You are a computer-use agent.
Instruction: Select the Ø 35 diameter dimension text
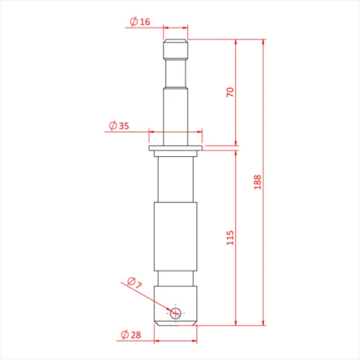pos(119,126)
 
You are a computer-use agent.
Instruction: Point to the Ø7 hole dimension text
pos(134,283)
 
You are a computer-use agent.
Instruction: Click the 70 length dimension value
pos(229,92)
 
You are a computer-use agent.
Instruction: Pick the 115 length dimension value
pos(229,237)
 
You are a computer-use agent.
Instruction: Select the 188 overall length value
pos(257,182)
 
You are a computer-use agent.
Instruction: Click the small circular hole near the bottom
pos(176,312)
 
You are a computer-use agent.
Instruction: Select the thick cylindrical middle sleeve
pos(175,236)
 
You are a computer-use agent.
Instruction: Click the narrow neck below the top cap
pos(175,73)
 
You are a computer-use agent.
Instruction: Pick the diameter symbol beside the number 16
pos(134,22)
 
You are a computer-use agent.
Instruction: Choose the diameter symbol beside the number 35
pos(112,126)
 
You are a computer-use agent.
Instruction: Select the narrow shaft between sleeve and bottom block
pos(175,277)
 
